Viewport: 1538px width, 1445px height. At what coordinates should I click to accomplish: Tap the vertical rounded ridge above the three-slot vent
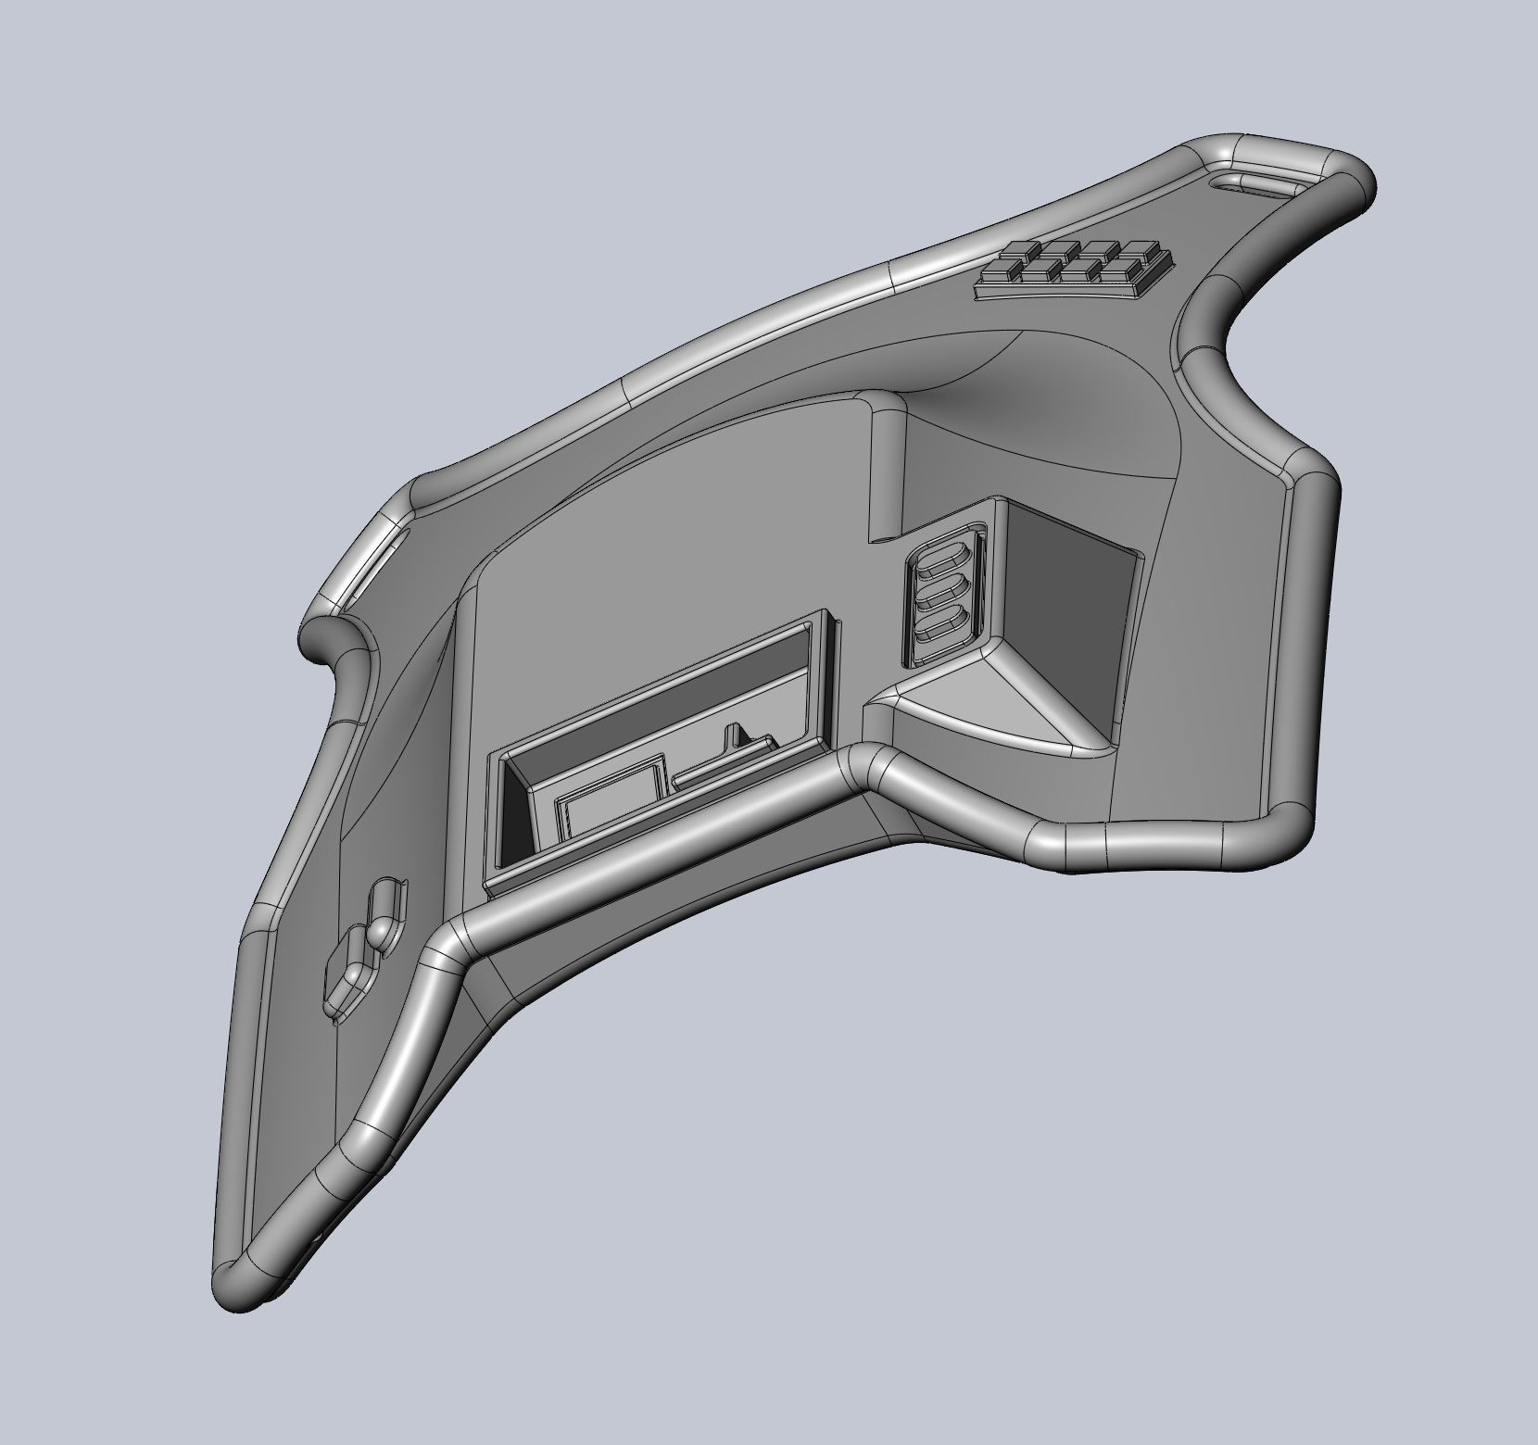pos(885,463)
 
